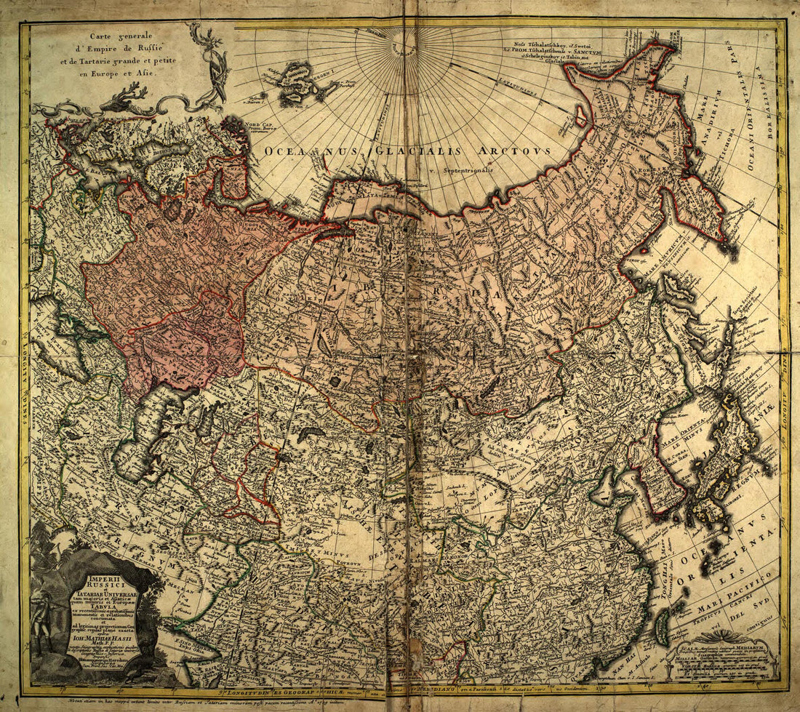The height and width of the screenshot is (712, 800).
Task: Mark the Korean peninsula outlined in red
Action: click(657, 481)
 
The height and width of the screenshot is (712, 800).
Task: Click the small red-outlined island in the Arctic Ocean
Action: click(582, 116)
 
